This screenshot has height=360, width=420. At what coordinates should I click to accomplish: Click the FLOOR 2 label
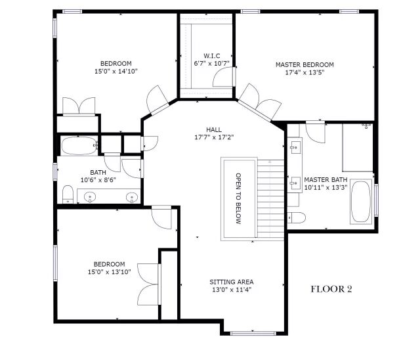(331, 289)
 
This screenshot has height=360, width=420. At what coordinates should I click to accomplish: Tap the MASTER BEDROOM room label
(304, 64)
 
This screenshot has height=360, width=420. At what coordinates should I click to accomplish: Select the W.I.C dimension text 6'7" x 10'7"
(211, 64)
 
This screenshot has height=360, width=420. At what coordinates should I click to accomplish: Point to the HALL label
(214, 129)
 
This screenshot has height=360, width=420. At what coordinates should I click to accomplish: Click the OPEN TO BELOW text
(238, 198)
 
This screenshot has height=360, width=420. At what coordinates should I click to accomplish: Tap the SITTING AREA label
(232, 282)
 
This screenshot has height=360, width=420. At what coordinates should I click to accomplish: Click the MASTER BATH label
(325, 179)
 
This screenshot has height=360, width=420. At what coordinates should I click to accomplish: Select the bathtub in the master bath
(361, 202)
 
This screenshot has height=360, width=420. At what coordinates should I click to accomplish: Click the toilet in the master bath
(297, 217)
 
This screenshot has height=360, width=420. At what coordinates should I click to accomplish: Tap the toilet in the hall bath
(68, 194)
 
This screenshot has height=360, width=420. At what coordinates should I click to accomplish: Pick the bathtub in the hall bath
(79, 146)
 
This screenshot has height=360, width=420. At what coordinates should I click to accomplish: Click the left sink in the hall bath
(90, 197)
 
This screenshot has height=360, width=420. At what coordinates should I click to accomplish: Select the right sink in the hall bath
(132, 198)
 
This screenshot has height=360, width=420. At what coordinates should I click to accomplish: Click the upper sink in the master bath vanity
(295, 146)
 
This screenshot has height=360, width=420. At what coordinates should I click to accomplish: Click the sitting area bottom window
(253, 334)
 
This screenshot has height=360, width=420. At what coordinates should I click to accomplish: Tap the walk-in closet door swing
(224, 77)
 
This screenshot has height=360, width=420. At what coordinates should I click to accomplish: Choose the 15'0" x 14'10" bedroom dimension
(116, 72)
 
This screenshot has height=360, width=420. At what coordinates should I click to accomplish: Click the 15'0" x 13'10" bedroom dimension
(110, 272)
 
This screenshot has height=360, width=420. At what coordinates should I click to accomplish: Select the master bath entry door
(316, 132)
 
